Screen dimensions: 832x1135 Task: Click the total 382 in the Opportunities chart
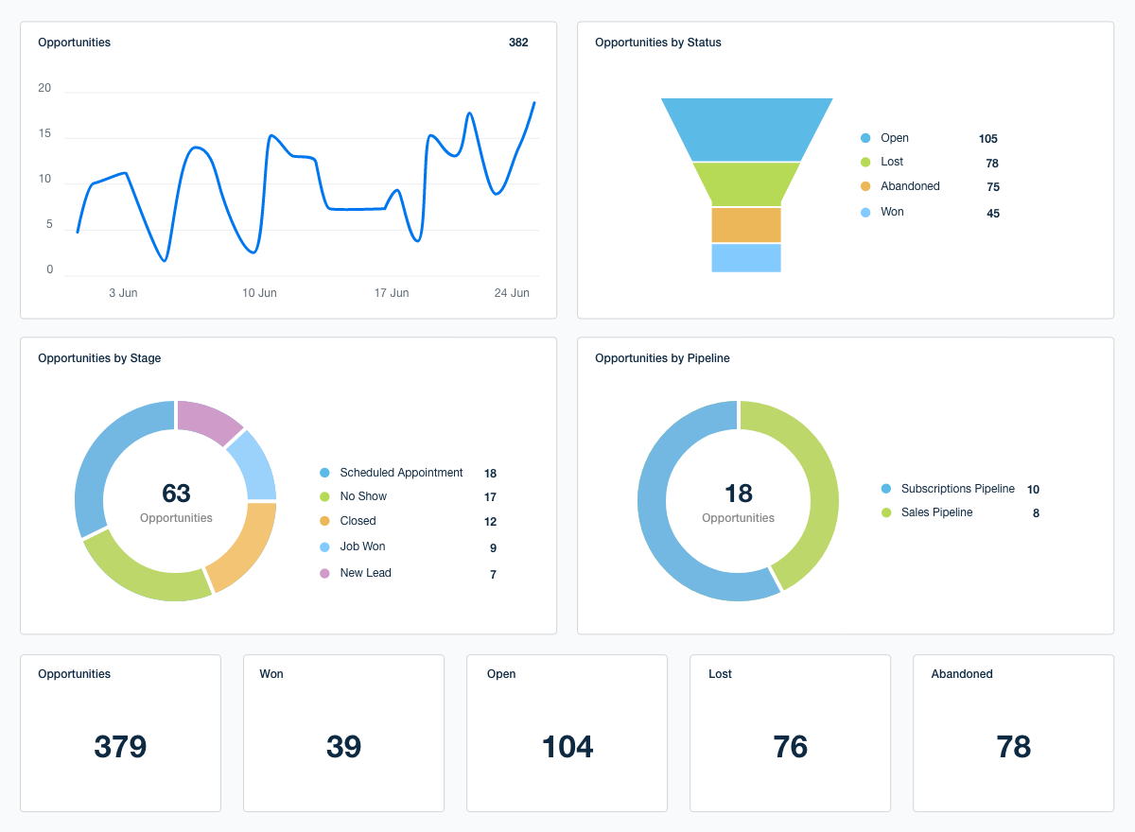(x=518, y=43)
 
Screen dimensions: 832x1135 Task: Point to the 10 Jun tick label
(x=259, y=293)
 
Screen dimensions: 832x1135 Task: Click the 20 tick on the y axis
(x=44, y=89)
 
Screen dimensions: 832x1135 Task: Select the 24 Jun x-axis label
(x=512, y=293)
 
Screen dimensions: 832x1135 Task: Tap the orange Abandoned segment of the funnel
(x=746, y=225)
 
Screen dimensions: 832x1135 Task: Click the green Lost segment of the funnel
(x=746, y=184)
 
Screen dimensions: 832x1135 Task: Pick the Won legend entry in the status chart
(x=892, y=212)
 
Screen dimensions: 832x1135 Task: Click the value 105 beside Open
(x=988, y=139)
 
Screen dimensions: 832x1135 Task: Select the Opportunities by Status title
(x=657, y=43)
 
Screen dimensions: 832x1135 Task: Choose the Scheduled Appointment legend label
(x=401, y=473)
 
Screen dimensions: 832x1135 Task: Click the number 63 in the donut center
(x=176, y=494)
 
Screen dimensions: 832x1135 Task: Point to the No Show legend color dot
(x=324, y=497)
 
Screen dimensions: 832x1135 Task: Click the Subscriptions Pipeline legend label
(x=957, y=489)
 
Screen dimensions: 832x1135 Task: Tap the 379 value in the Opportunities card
(x=120, y=747)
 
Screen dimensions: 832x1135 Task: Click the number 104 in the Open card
(x=567, y=747)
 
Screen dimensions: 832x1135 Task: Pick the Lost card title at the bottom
(x=720, y=674)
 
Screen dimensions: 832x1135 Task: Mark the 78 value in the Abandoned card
(x=1013, y=747)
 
